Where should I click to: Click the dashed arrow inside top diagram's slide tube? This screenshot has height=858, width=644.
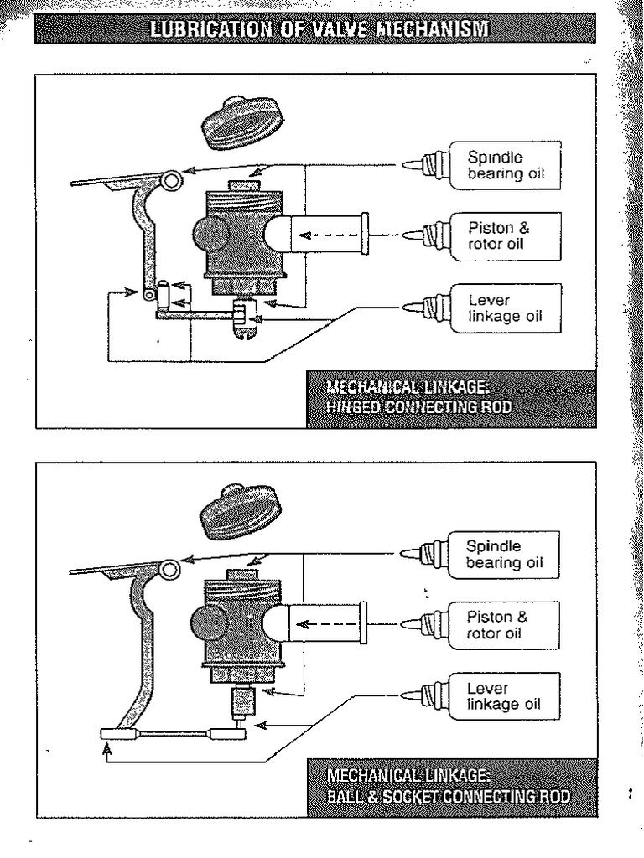point(321,235)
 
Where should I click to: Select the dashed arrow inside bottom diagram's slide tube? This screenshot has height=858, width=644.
point(321,623)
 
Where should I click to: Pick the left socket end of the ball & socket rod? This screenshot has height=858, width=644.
point(117,734)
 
